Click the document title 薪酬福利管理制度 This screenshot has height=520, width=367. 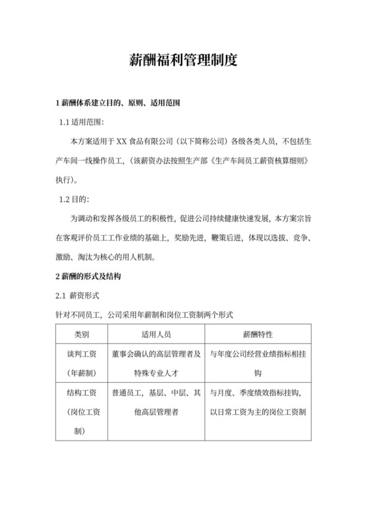183,61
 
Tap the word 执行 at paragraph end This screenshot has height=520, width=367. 65,179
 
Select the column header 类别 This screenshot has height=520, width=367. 82,335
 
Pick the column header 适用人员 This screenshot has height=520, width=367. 155,335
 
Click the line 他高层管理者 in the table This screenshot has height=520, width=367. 155,412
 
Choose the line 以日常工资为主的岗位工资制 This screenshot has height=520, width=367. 258,412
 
